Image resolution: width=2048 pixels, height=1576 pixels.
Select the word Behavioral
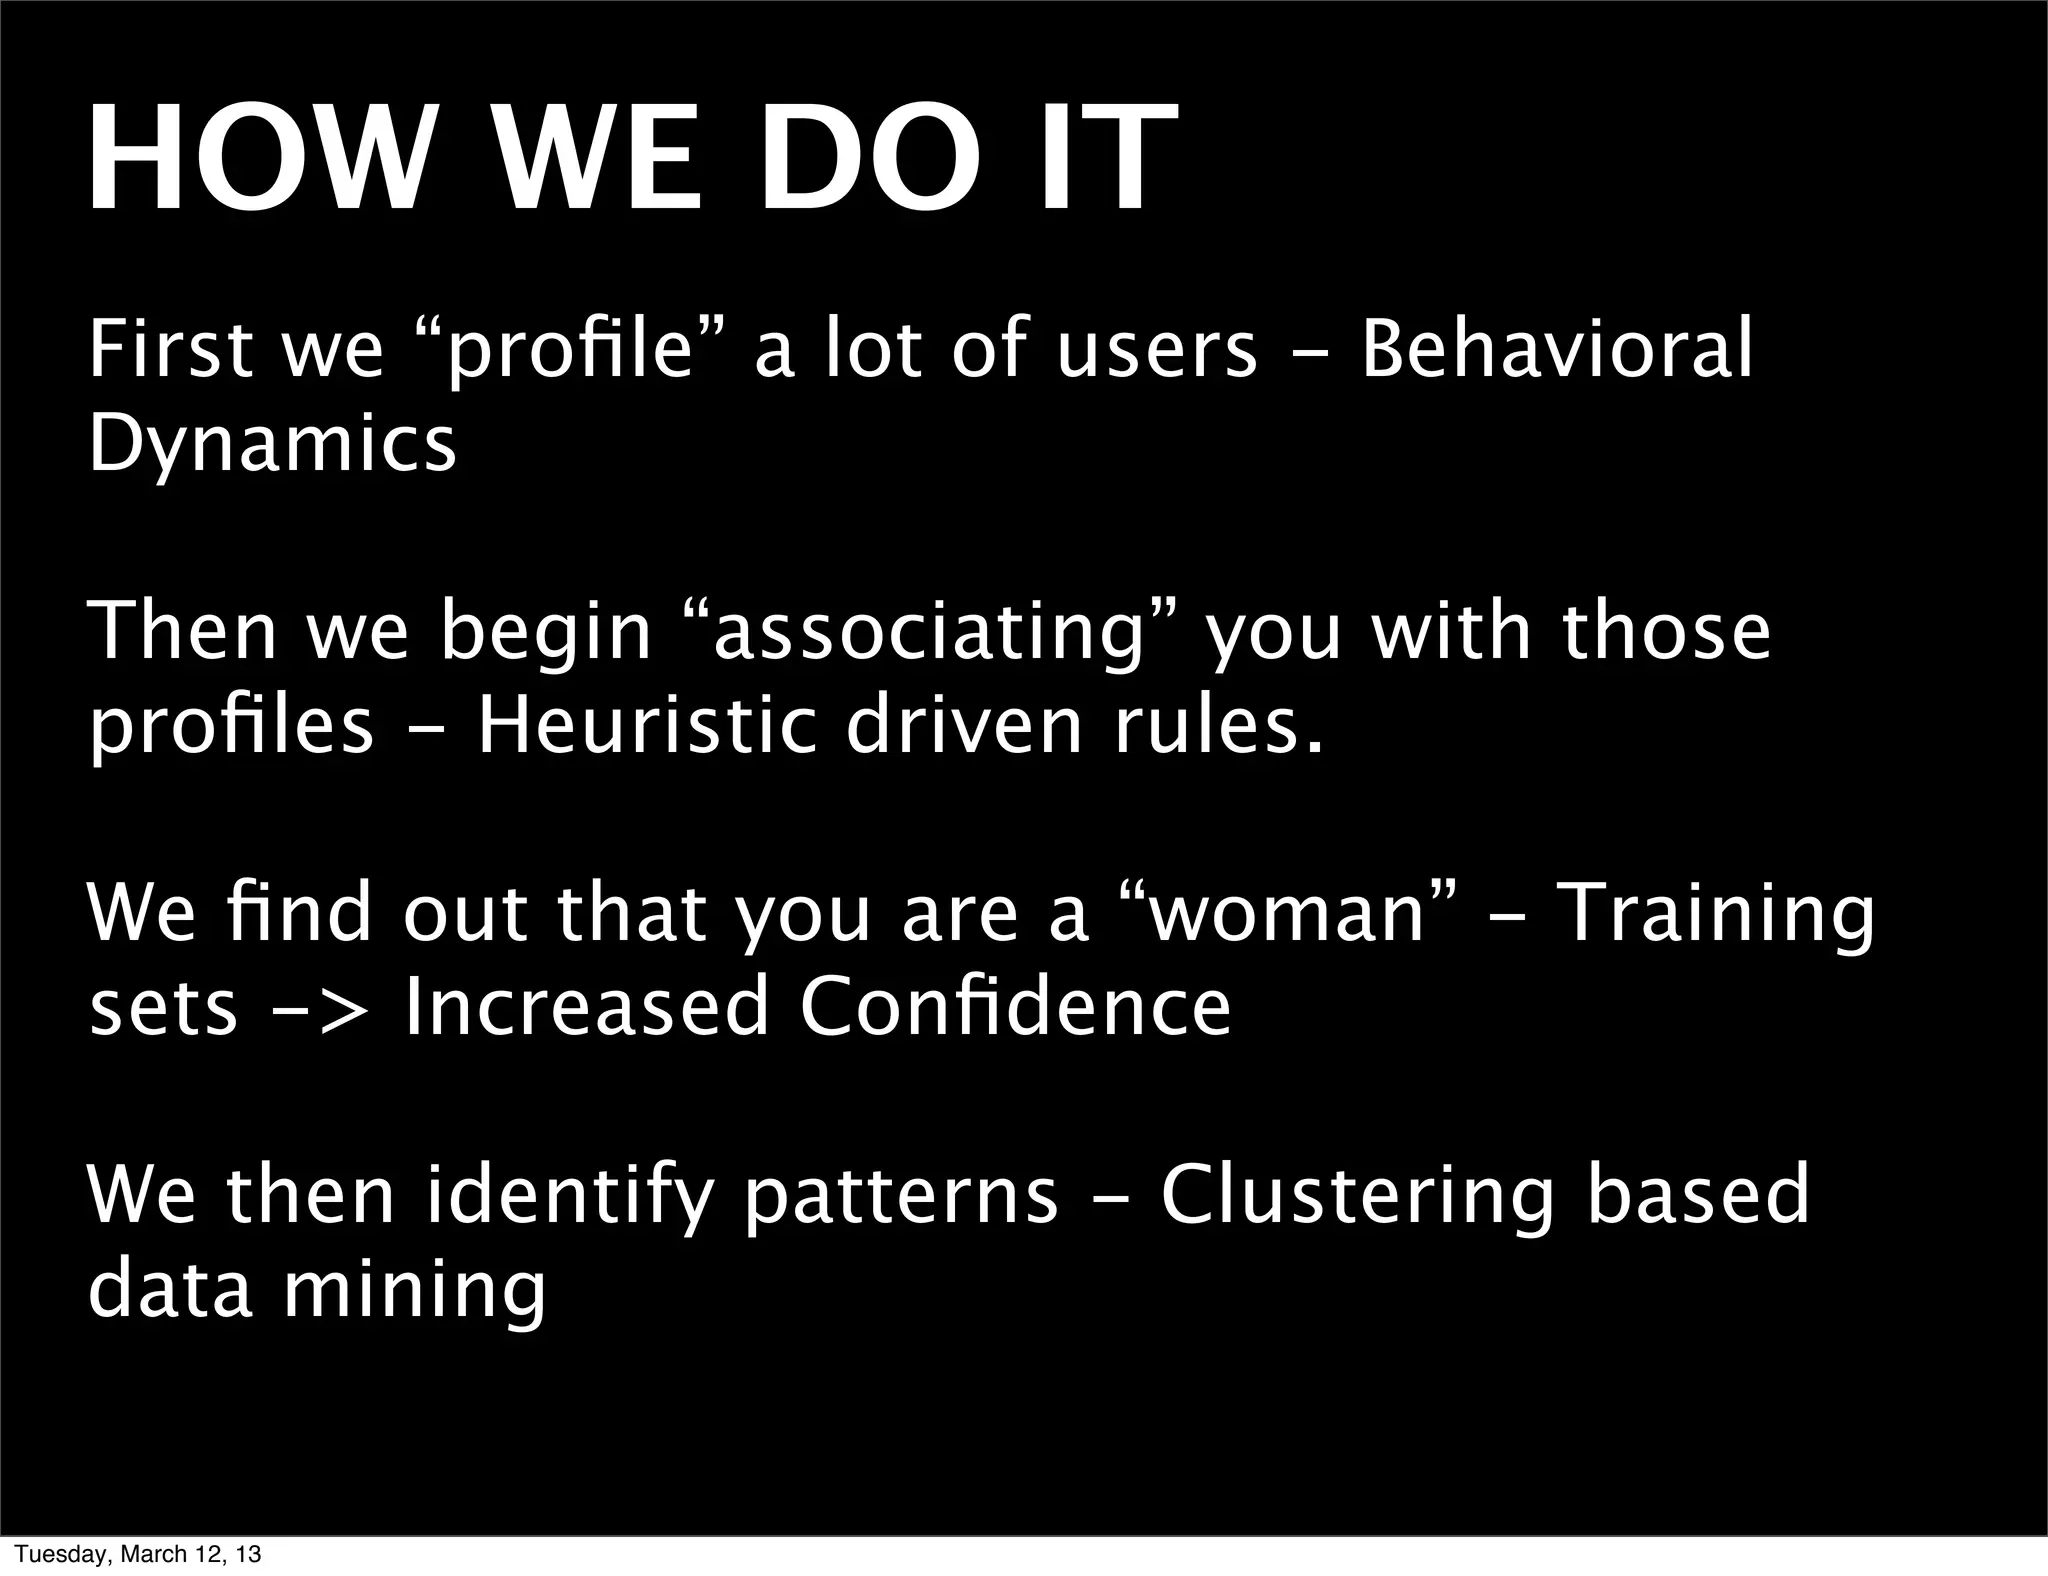pyautogui.click(x=1556, y=349)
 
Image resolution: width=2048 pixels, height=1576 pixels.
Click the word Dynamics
pyautogui.click(x=272, y=443)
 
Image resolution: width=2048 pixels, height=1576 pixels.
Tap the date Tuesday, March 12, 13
pyautogui.click(x=139, y=1554)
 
